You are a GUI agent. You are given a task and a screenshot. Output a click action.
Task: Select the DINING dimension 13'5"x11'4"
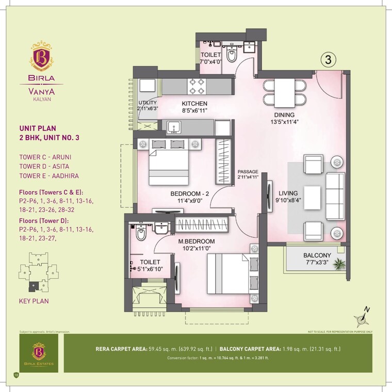pyautogui.click(x=284, y=122)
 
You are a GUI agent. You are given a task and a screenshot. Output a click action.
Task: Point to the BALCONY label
pyautogui.click(x=317, y=255)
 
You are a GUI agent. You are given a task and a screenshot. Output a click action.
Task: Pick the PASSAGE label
pyautogui.click(x=248, y=172)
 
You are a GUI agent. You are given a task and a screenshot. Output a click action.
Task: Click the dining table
pyautogui.click(x=284, y=92)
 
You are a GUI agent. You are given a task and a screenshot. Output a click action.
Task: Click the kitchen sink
pyautogui.click(x=173, y=126)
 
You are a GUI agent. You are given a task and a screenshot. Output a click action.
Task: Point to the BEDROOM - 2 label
pyautogui.click(x=188, y=194)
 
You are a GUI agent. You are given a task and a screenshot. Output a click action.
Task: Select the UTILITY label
pyautogui.click(x=147, y=103)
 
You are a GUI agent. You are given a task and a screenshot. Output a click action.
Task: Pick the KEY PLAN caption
pyautogui.click(x=34, y=300)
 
